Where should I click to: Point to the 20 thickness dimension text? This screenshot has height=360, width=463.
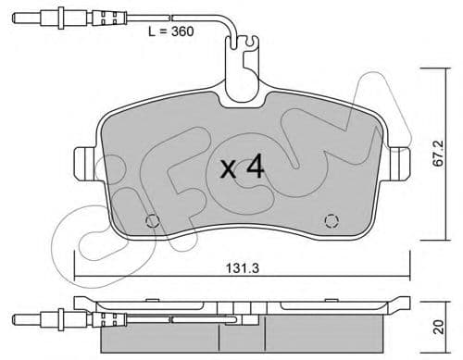[x=450, y=326]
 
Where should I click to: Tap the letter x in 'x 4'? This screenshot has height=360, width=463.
[x=229, y=170]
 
